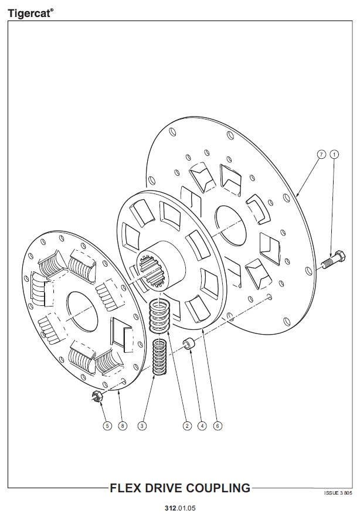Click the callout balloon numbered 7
pyautogui.click(x=321, y=154)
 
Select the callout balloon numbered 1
pyautogui.click(x=334, y=154)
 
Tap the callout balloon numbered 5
pyautogui.click(x=107, y=426)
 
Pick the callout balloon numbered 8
pyautogui.click(x=123, y=426)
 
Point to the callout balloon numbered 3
pyautogui.click(x=142, y=426)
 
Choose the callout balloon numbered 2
pyautogui.click(x=187, y=426)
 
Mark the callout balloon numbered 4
pyautogui.click(x=202, y=426)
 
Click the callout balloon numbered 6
pyautogui.click(x=218, y=426)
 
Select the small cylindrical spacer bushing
pyautogui.click(x=189, y=345)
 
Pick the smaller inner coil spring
pyautogui.click(x=160, y=358)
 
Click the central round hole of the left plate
pyautogui.click(x=81, y=311)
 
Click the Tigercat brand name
pyautogui.click(x=29, y=13)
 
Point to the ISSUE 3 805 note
pyautogui.click(x=338, y=493)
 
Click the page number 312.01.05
pyautogui.click(x=180, y=508)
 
